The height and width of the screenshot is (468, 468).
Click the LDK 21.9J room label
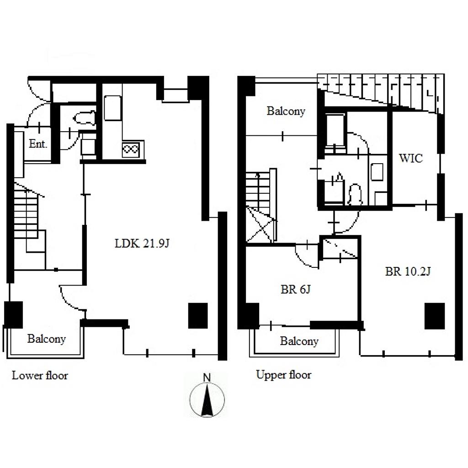tap(142, 244)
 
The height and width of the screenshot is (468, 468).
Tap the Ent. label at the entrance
tap(38, 144)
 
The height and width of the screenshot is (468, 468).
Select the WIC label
tap(411, 158)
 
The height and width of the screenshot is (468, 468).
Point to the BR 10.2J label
tap(408, 271)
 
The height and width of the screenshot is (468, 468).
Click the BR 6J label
tap(296, 289)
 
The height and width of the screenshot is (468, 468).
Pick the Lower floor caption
tap(40, 375)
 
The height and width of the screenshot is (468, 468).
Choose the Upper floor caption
tap(283, 375)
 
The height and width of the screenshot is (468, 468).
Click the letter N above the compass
tap(207, 378)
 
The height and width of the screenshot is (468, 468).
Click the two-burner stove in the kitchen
tap(130, 149)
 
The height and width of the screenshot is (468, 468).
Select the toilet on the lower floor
tap(85, 118)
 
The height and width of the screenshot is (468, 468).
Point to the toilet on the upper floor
tap(355, 194)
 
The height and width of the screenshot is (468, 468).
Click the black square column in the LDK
tap(198, 316)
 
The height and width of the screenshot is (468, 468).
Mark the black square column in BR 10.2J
tap(435, 316)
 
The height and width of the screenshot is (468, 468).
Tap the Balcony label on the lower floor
tap(47, 339)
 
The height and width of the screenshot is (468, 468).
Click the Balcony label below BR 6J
tap(299, 341)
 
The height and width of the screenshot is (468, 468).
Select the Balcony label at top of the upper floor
tap(286, 111)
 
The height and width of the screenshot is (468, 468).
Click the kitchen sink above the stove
tap(112, 108)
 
